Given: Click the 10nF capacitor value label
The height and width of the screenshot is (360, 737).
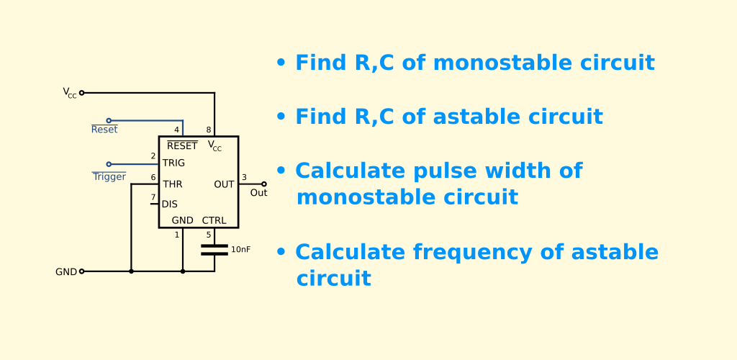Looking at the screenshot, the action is pyautogui.click(x=240, y=250).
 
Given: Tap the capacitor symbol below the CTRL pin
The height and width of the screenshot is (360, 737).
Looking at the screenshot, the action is pyautogui.click(x=214, y=250).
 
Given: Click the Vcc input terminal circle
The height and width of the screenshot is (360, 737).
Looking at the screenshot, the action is pyautogui.click(x=82, y=93).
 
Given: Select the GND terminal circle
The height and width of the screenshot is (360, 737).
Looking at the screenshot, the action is pyautogui.click(x=82, y=271).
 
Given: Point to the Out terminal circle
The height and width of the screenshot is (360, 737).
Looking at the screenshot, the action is pyautogui.click(x=264, y=184).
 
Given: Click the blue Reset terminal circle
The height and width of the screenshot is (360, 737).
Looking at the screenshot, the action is pyautogui.click(x=109, y=121).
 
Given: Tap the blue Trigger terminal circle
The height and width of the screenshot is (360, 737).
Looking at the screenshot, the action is pyautogui.click(x=109, y=164).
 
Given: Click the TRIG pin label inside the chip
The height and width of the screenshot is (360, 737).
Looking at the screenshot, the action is pyautogui.click(x=173, y=163).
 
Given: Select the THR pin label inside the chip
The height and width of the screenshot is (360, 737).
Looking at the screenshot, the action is pyautogui.click(x=173, y=184).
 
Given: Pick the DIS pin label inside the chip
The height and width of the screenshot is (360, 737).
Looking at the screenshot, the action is pyautogui.click(x=170, y=204).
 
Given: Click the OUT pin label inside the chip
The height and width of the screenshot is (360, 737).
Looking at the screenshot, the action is pyautogui.click(x=225, y=185).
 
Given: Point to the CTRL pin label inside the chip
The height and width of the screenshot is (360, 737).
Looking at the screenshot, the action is pyautogui.click(x=214, y=221).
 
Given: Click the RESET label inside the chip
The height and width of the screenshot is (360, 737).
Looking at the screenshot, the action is pyautogui.click(x=182, y=145).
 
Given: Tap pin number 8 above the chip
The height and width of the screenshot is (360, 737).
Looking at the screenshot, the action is pyautogui.click(x=209, y=130).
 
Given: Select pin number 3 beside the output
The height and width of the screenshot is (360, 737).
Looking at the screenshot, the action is pyautogui.click(x=245, y=178).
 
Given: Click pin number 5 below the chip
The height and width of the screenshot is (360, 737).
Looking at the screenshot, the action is pyautogui.click(x=209, y=235).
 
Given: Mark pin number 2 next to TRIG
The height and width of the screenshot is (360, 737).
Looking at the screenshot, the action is pyautogui.click(x=153, y=156).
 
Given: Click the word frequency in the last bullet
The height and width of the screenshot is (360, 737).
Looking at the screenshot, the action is pyautogui.click(x=472, y=253).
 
